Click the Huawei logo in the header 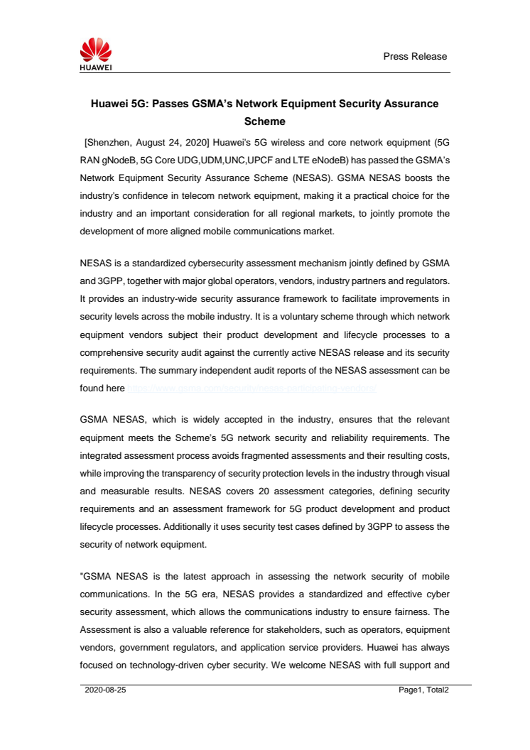pos(96,55)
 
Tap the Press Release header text pos(415,56)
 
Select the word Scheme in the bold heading pos(264,121)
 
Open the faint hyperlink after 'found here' pos(251,388)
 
